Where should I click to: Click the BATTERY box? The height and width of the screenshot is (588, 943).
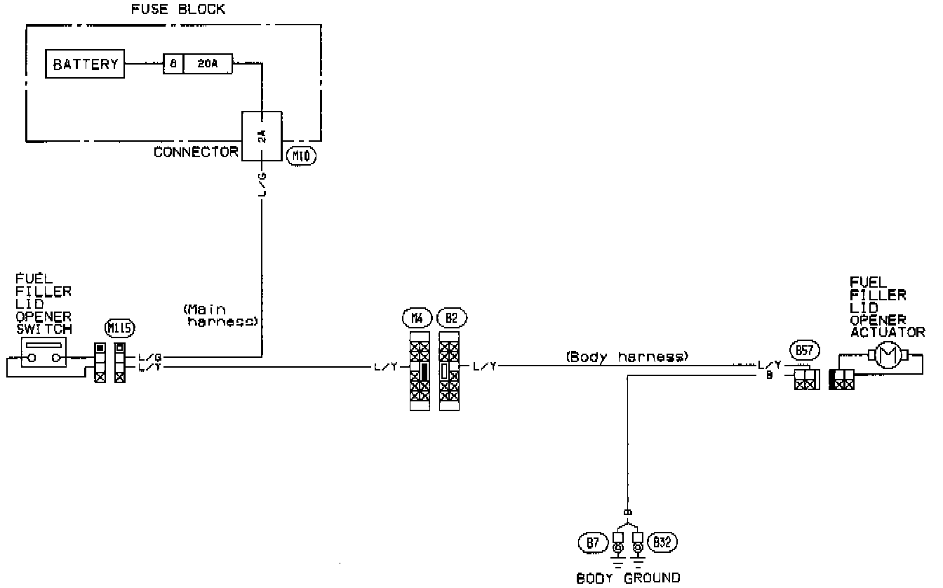click(x=86, y=65)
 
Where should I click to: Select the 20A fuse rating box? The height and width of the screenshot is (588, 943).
click(x=208, y=65)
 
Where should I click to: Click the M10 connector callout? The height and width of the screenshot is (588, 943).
click(x=302, y=155)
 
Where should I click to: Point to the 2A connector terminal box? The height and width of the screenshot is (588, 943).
click(x=261, y=136)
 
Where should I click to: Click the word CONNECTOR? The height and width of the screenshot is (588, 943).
click(x=196, y=152)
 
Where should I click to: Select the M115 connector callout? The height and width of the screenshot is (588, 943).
click(x=119, y=327)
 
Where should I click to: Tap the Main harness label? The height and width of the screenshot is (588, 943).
click(x=222, y=315)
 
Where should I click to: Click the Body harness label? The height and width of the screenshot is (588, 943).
click(x=626, y=357)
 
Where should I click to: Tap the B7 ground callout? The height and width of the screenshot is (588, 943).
click(x=594, y=541)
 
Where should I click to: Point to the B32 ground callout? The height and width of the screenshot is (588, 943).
click(x=662, y=541)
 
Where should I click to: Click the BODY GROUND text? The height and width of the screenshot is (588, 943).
click(x=628, y=578)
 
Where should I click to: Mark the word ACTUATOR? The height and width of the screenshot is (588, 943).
click(x=888, y=331)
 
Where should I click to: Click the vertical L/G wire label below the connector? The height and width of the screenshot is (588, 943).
click(x=262, y=184)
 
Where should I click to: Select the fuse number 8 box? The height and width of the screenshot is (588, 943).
click(x=173, y=65)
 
